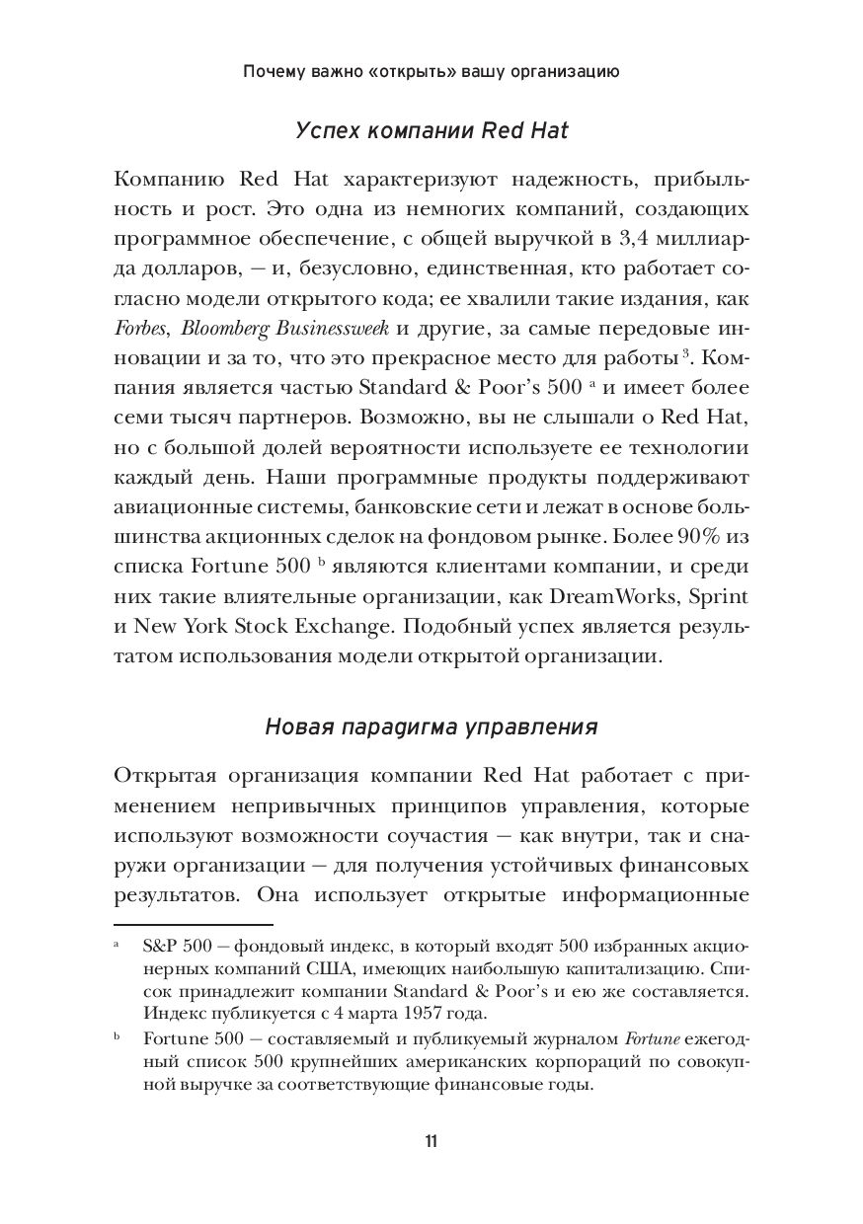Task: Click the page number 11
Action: pyautogui.click(x=431, y=1142)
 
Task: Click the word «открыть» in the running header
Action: pyautogui.click(x=423, y=72)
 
